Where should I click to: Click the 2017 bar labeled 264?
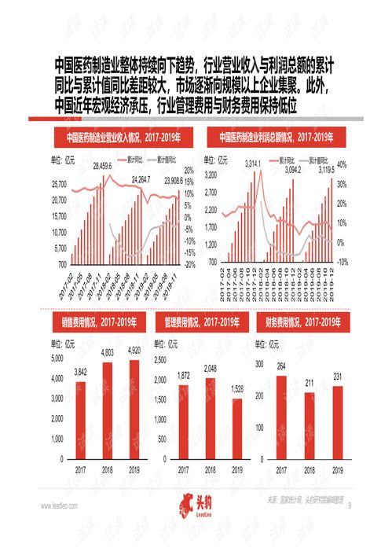tap(281, 417)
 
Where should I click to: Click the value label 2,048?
tap(210, 369)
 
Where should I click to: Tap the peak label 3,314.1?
tap(252, 163)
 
